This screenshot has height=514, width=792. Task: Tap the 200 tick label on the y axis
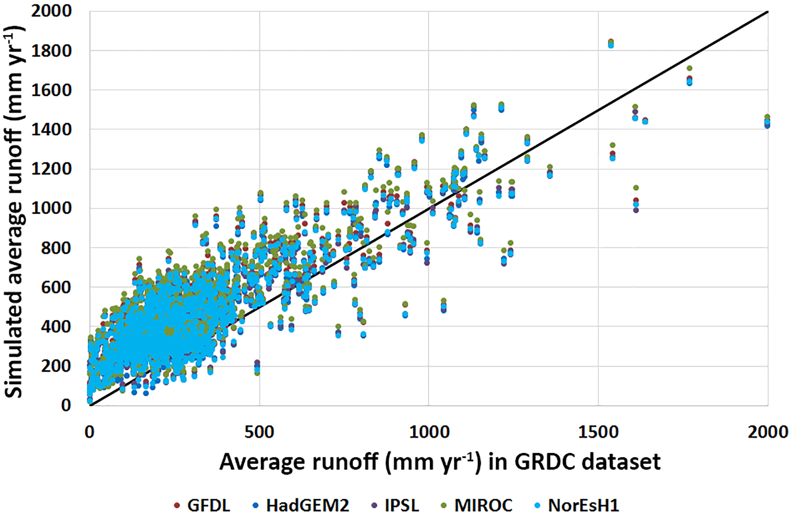(56, 366)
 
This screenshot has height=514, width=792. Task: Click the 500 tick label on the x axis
(259, 432)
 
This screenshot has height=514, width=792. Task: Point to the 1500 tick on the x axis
(598, 432)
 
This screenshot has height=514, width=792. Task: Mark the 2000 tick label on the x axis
(768, 432)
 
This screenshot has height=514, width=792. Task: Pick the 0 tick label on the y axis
(66, 405)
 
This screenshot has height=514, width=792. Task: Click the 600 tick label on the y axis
(56, 287)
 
